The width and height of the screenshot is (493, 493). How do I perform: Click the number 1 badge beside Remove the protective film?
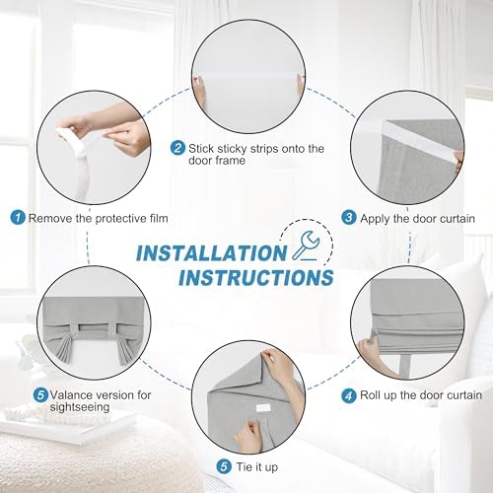point(18,218)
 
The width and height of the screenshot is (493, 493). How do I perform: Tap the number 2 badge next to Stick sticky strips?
point(177,148)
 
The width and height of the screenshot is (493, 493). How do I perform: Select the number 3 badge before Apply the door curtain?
point(349,218)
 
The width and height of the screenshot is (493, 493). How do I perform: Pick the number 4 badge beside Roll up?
point(349,395)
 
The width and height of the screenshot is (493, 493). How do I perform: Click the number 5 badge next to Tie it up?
point(224,466)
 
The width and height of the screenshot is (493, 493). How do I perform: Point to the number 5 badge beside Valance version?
point(40,394)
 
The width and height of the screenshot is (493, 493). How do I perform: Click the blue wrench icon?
point(305,245)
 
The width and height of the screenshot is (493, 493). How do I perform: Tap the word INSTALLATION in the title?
point(211,253)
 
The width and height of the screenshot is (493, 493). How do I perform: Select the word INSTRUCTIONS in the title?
point(256,277)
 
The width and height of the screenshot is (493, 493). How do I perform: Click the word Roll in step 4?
point(371,395)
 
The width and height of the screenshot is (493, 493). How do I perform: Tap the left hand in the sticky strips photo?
point(199,91)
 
